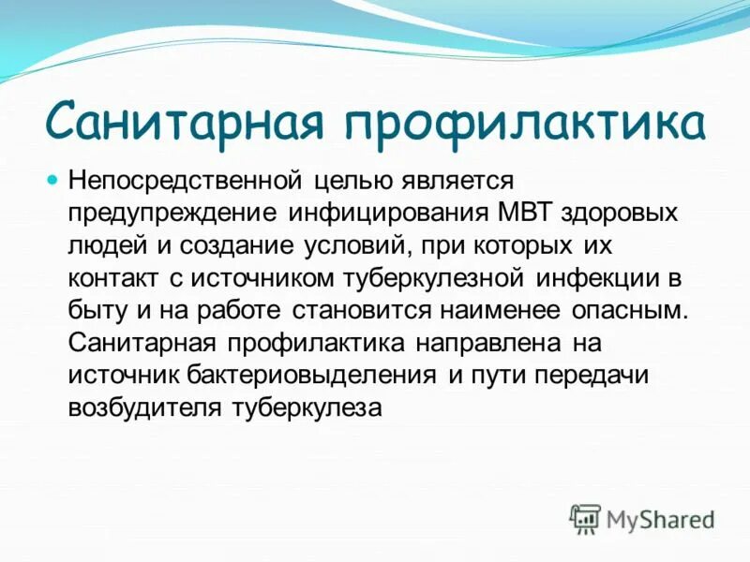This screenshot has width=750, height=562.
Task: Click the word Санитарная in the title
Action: [x=187, y=123]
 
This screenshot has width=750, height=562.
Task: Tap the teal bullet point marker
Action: [x=53, y=177]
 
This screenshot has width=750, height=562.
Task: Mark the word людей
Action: [x=104, y=245]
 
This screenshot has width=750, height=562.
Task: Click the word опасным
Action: [x=630, y=310]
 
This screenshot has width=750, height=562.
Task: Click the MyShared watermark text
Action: [x=660, y=518]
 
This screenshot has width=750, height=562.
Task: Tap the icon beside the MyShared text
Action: [x=584, y=518]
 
